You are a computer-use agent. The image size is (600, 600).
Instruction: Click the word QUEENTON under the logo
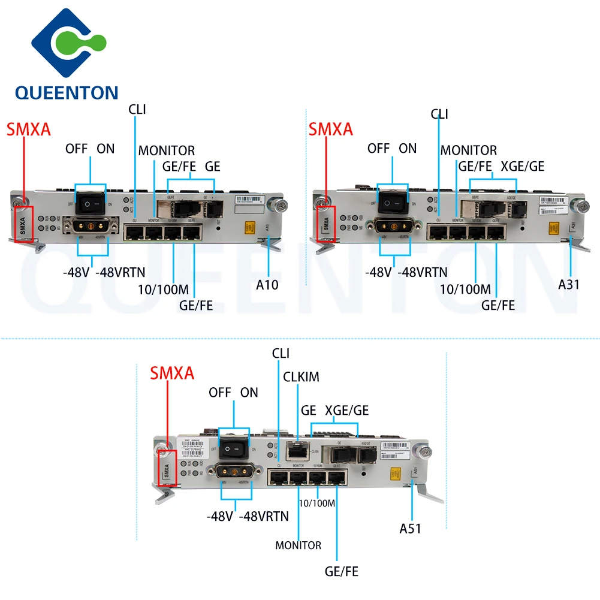[x=67, y=93]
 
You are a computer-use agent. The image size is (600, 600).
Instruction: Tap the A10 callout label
[x=267, y=285]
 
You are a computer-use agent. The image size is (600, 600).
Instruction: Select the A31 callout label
[x=569, y=284]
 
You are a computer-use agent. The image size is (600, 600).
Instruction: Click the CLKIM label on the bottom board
[x=301, y=377]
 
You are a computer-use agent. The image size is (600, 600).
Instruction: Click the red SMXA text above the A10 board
[x=29, y=130]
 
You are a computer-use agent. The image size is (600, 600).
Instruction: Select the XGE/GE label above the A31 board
[x=522, y=166]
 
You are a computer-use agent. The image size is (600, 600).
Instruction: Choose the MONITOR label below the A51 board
[x=298, y=545]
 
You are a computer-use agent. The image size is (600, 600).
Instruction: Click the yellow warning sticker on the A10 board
[x=247, y=228]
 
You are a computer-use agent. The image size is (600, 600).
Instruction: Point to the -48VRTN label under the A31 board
[x=423, y=272]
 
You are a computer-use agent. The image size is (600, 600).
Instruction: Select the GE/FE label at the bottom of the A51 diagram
[x=341, y=572]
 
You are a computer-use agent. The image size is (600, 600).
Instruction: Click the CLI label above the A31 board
[x=439, y=114]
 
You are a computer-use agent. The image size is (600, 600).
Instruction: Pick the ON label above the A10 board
[x=105, y=149]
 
